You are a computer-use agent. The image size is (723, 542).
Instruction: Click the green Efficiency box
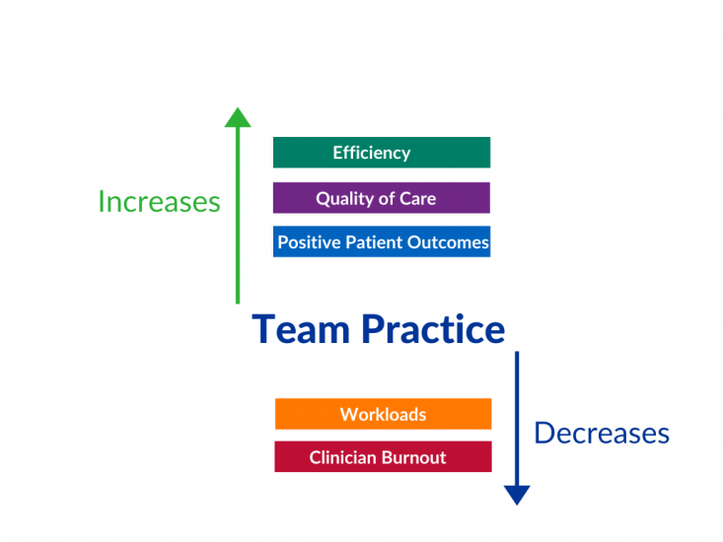point(382,153)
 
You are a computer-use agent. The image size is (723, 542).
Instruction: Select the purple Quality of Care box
point(382,198)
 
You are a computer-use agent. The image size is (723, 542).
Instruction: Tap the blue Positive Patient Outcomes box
point(382,241)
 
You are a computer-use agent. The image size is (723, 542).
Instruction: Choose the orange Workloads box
point(383,414)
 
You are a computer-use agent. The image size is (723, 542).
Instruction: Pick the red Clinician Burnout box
point(383,457)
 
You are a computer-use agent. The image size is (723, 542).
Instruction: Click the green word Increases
point(160,202)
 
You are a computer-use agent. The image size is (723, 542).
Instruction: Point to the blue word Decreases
point(602,434)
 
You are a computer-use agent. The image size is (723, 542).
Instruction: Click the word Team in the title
point(301,329)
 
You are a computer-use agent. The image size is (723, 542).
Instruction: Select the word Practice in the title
point(433,329)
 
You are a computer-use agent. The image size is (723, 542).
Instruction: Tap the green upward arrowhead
point(238,117)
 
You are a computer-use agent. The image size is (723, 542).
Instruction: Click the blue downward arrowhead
point(517,495)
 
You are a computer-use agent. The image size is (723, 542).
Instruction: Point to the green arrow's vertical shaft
point(238,216)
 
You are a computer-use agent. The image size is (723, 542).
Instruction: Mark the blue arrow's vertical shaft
point(517,419)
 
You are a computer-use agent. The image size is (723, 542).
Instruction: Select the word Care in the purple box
point(418,198)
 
